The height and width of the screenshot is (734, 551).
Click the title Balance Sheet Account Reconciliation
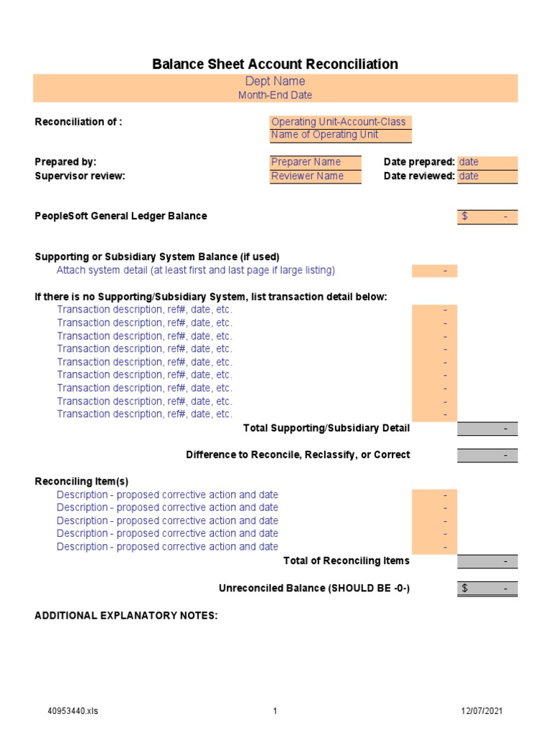coord(275,65)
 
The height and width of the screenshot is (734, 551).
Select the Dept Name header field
coord(275,81)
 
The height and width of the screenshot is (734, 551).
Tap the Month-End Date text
coord(275,95)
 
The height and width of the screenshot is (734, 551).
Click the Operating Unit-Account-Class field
coord(340,122)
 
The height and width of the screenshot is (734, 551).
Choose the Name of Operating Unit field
coord(340,135)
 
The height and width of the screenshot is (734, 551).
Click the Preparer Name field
coord(315,162)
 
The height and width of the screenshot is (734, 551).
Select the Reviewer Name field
coord(315,176)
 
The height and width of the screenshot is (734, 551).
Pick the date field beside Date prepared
coord(487,162)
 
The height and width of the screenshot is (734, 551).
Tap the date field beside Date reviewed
coord(487,176)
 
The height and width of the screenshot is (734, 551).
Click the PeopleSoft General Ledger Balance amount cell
coord(487,216)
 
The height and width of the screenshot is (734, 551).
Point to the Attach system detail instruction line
coord(196,270)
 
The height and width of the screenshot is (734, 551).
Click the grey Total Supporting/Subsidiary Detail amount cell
coord(487,429)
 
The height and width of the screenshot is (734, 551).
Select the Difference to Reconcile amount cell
coord(487,455)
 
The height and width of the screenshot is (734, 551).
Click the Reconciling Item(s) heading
coord(82,481)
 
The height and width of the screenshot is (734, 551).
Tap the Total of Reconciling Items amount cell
coord(487,561)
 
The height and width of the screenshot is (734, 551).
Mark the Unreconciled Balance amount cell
coord(487,588)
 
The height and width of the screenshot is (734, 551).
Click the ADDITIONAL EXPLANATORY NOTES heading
coord(126,616)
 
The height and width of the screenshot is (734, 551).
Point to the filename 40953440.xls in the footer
coord(72,711)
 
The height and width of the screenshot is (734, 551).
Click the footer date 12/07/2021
coord(481,711)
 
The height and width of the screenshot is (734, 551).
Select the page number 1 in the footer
coord(275,711)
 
